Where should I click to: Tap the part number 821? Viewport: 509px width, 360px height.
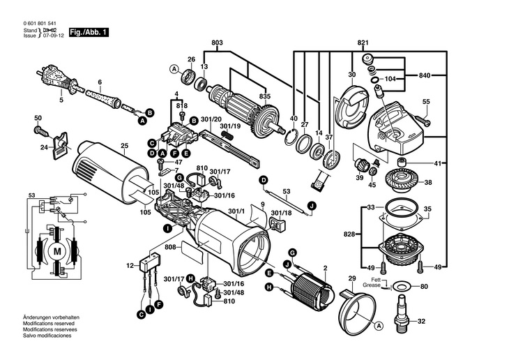363,43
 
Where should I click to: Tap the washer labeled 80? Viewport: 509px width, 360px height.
402,285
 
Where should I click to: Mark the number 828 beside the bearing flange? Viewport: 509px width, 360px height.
349,234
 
